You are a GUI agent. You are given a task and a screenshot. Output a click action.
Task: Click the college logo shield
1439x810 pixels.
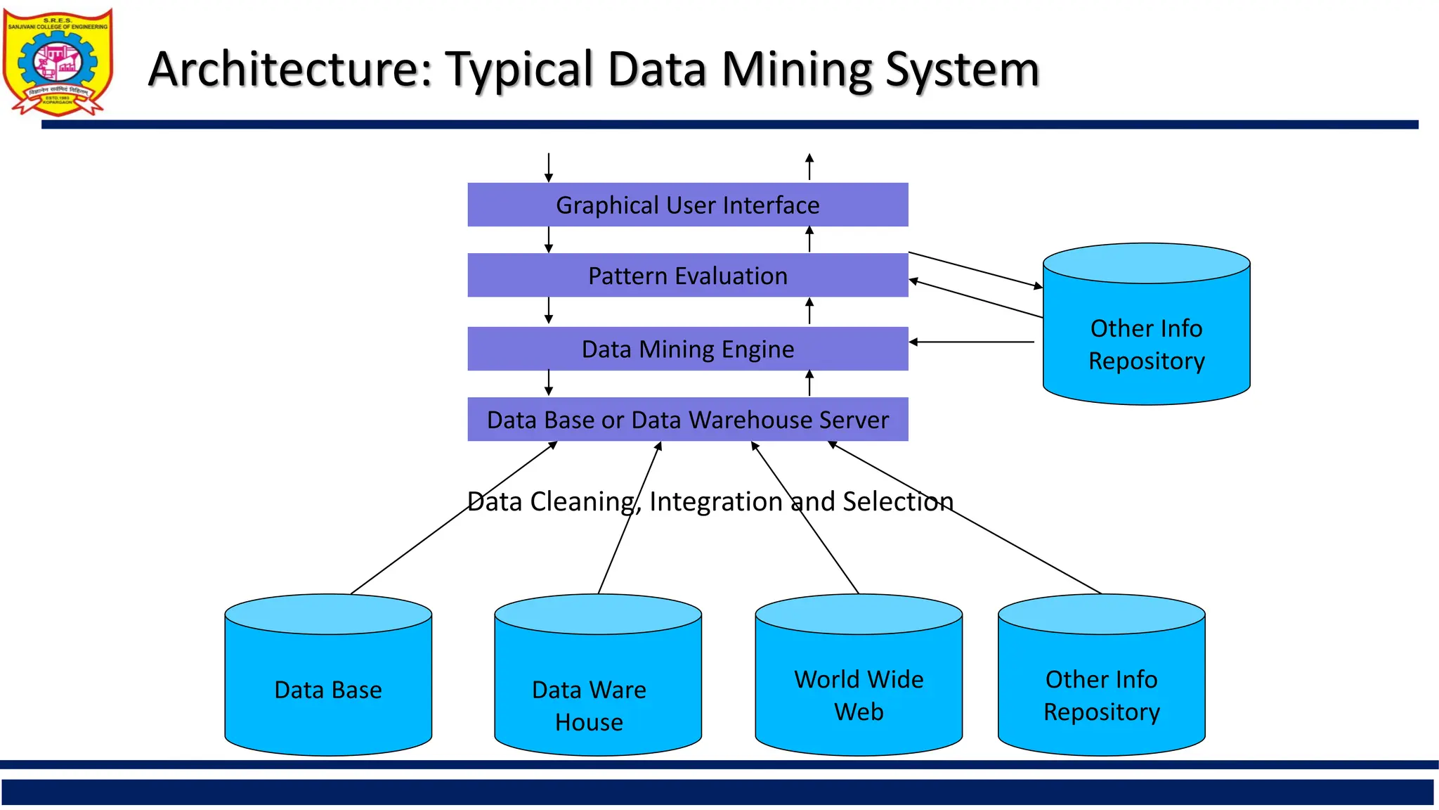tap(58, 62)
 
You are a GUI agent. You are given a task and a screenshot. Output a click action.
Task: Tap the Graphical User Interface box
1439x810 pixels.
tap(687, 205)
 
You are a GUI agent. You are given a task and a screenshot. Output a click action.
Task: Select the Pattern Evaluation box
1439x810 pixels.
tap(687, 276)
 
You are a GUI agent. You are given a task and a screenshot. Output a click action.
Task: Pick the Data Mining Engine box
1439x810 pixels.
tap(687, 349)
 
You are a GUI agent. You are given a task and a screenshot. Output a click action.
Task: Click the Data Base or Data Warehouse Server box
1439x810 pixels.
tap(687, 420)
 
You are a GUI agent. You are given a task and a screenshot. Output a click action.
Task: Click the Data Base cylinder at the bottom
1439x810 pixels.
tap(328, 689)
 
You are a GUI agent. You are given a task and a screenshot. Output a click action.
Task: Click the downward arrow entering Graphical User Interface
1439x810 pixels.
tap(549, 167)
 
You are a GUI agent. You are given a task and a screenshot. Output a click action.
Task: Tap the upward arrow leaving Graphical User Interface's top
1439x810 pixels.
tap(809, 167)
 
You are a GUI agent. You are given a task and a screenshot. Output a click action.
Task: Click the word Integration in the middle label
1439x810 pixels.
tap(715, 501)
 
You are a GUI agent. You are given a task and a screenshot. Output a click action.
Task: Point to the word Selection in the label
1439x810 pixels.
tap(897, 501)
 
